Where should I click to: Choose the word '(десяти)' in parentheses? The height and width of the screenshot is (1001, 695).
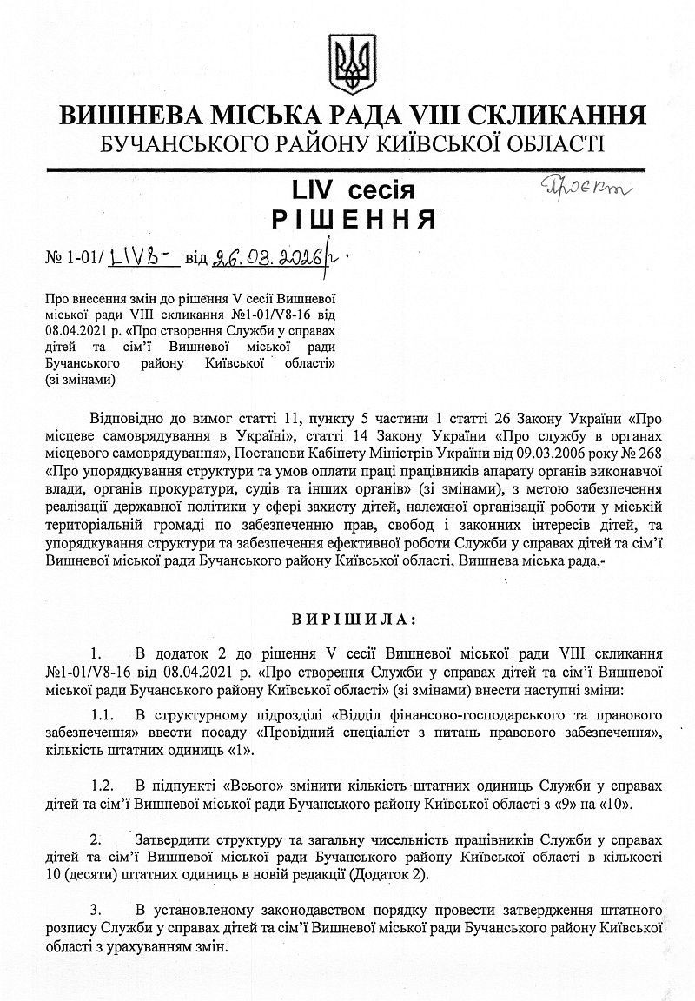[86, 875]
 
